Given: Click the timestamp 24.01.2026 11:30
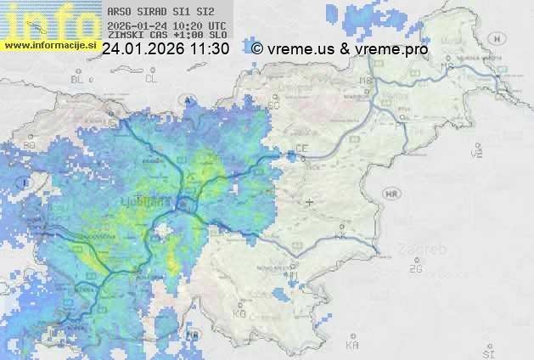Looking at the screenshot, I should click(166, 49).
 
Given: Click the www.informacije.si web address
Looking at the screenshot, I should click(48, 45).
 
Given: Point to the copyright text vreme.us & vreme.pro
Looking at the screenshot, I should click(340, 49).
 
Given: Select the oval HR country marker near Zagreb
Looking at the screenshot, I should click(392, 194).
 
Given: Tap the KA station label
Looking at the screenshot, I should click(352, 346).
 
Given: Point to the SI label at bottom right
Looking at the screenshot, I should click(487, 352).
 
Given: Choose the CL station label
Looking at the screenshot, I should click(151, 79).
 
